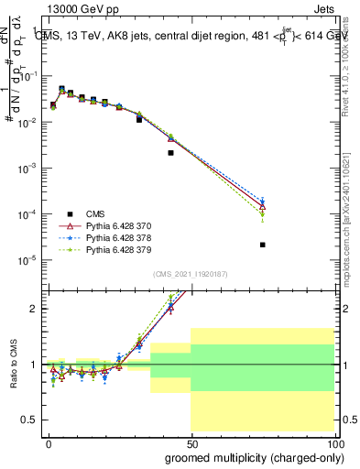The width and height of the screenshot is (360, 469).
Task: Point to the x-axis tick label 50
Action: (191, 442)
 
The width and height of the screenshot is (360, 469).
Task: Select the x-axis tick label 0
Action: (49, 442)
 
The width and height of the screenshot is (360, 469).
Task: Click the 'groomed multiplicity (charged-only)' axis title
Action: (249, 456)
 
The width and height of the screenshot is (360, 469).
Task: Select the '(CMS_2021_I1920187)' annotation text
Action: (191, 274)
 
